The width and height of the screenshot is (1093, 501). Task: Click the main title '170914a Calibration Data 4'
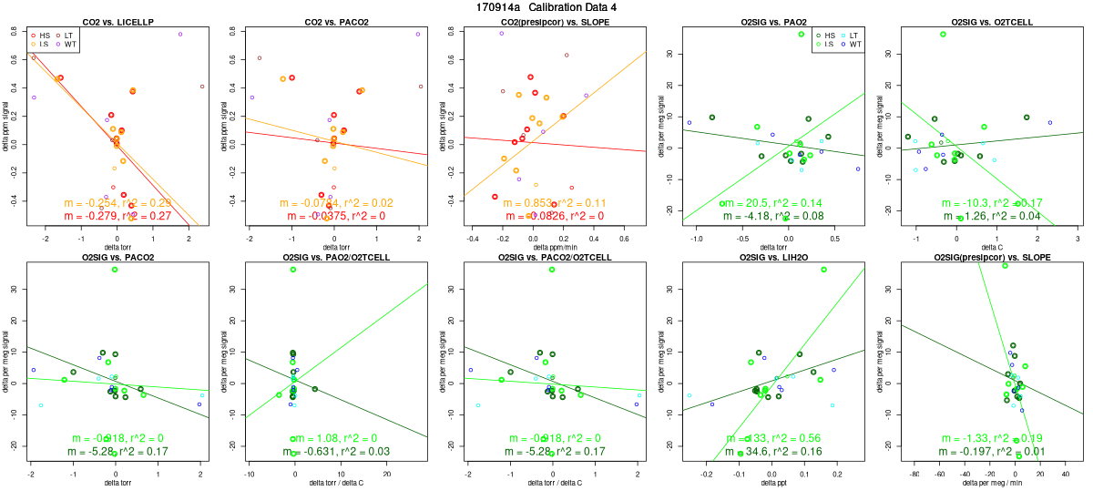click(546, 7)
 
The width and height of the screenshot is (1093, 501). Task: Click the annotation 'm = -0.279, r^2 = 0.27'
click(117, 216)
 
